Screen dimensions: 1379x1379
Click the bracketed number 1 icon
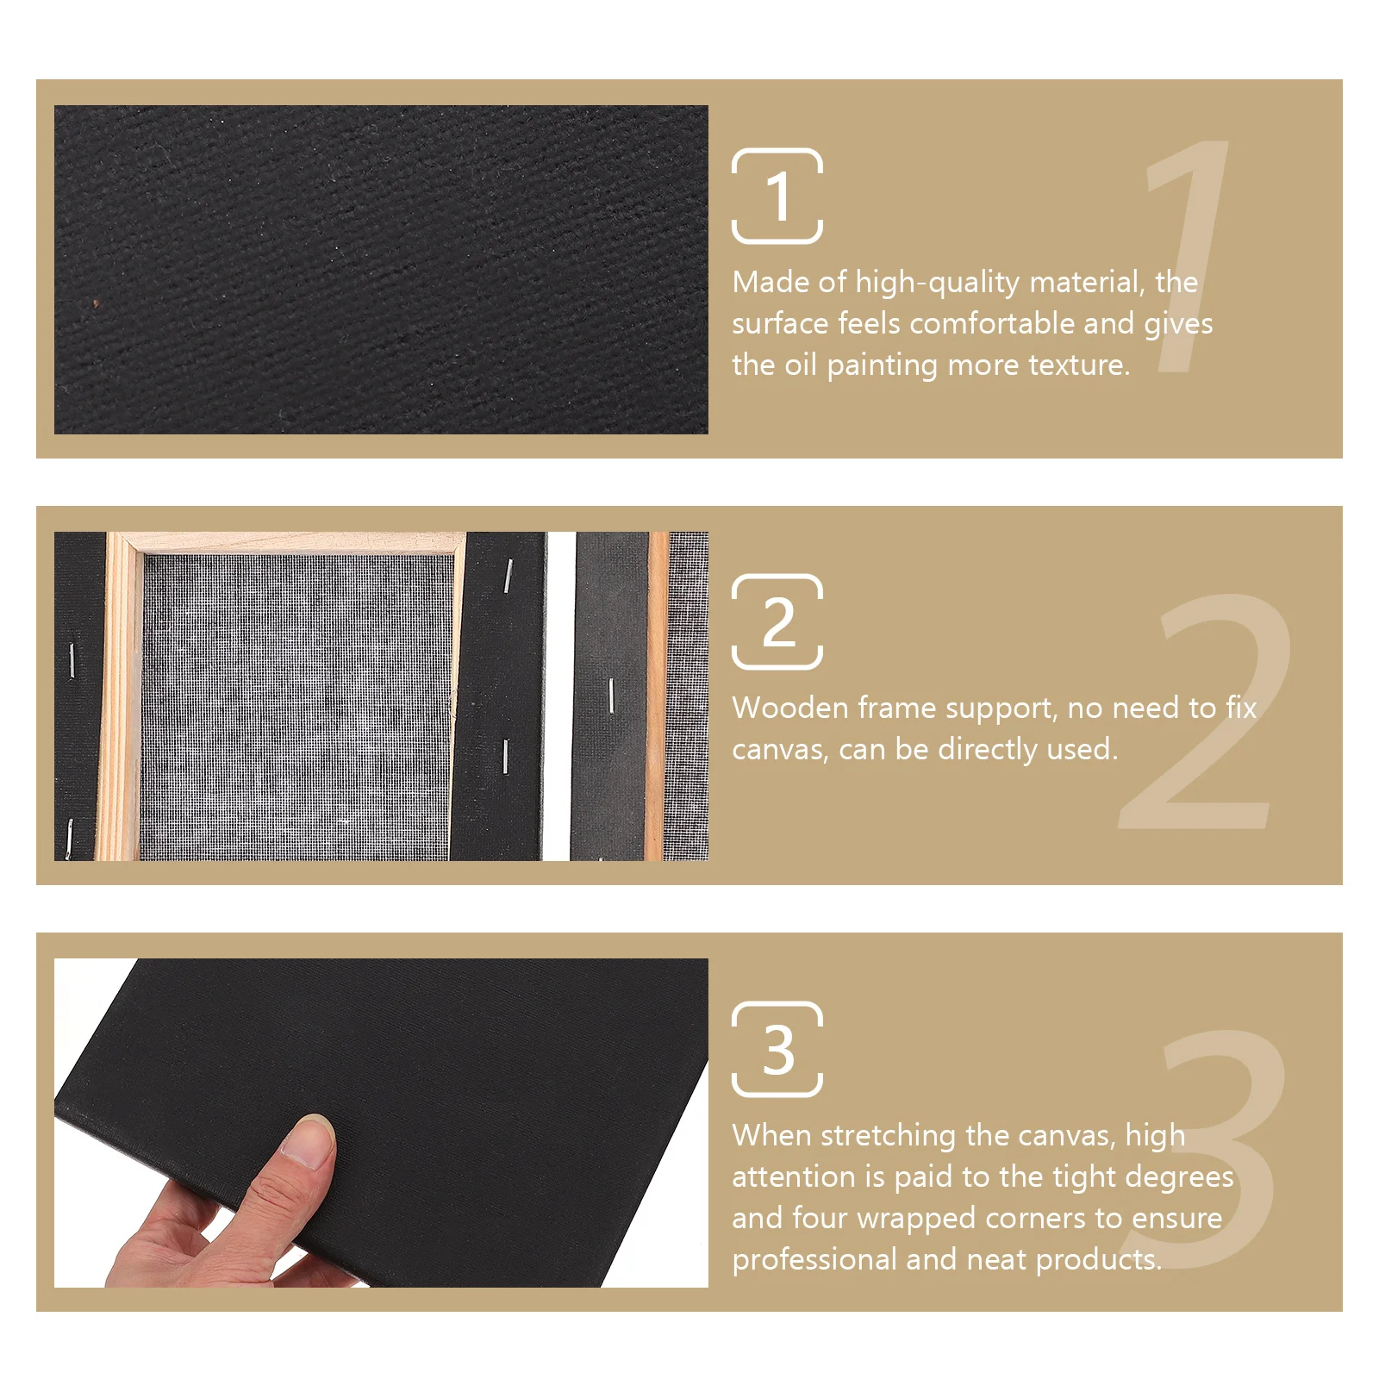click(777, 196)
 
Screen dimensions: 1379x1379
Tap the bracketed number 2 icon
click(777, 621)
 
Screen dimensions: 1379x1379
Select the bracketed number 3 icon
click(777, 1049)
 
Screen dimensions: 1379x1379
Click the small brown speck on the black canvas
click(96, 303)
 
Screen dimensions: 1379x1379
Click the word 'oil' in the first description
click(801, 365)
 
